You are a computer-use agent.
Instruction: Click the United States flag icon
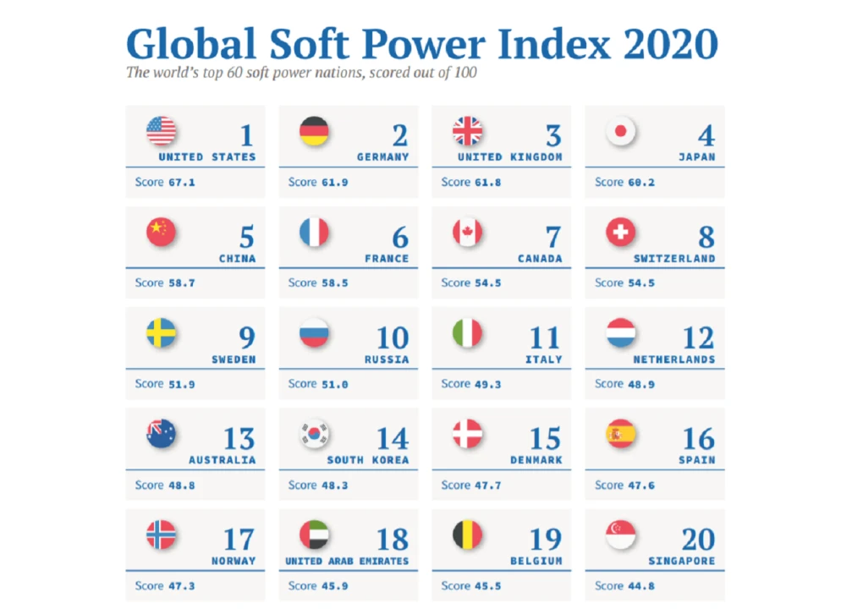pos(161,131)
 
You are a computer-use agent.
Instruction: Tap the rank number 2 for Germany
pos(399,135)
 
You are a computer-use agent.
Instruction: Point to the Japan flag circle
pos(621,131)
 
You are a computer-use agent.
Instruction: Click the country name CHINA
pos(237,258)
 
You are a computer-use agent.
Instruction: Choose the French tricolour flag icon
pos(314,232)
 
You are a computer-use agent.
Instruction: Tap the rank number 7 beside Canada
pos(552,236)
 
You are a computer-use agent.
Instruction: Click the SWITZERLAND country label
pos(674,258)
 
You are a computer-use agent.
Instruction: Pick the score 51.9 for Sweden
pos(179,383)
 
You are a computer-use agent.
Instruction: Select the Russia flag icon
pos(314,332)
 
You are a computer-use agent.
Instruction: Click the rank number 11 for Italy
pos(544,337)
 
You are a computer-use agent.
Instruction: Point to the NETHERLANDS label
pos(674,359)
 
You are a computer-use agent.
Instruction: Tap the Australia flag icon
pos(161,433)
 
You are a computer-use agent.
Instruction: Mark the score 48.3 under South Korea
pos(333,485)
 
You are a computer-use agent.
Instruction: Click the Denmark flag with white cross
pos(467,433)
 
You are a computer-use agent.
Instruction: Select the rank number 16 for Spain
pos(698,438)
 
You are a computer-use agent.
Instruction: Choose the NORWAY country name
pos(234,561)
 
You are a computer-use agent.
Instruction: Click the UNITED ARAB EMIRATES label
pos(347,561)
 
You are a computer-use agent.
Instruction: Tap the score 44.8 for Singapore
pos(639,585)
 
